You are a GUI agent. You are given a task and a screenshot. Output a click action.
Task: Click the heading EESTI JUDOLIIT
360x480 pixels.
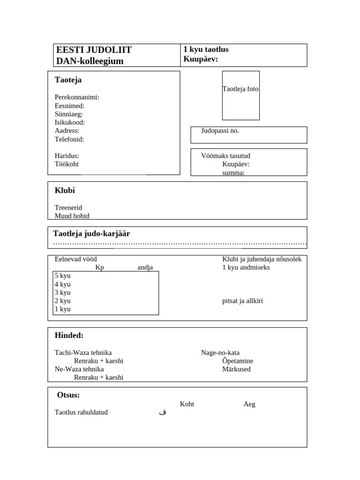tap(94, 50)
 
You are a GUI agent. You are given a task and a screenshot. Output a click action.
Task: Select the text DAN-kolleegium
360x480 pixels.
tap(90, 61)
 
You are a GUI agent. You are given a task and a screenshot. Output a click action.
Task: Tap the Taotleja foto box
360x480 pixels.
tap(240, 95)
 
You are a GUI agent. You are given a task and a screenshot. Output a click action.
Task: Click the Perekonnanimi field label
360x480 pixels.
tap(77, 97)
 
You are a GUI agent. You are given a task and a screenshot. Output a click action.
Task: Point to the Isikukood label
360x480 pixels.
tap(70, 122)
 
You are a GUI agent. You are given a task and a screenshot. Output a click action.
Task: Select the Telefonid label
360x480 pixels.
tap(69, 139)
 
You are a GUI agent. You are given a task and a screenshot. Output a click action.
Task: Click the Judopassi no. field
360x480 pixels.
tap(248, 135)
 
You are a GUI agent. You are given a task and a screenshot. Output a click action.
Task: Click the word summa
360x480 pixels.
tap(233, 172)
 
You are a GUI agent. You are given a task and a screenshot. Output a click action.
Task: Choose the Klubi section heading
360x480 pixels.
tap(65, 190)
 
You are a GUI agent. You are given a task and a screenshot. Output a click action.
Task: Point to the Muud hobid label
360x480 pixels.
tap(72, 216)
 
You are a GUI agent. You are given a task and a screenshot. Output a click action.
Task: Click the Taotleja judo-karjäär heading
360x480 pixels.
tap(91, 233)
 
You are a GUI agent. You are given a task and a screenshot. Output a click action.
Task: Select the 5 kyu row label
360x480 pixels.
tap(63, 276)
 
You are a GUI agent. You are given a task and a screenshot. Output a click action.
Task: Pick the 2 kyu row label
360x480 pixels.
tap(63, 300)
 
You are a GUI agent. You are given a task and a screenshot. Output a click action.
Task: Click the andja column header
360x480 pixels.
tap(145, 267)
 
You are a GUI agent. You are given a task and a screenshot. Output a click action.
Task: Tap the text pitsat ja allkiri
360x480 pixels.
tap(242, 300)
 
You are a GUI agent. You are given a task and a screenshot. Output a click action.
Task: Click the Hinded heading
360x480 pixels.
tap(69, 335)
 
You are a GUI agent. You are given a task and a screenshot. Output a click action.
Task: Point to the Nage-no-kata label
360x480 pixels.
tap(220, 352)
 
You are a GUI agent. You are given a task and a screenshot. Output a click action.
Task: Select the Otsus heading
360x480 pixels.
tap(68, 395)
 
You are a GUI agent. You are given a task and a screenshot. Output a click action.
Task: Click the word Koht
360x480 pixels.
tap(187, 404)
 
